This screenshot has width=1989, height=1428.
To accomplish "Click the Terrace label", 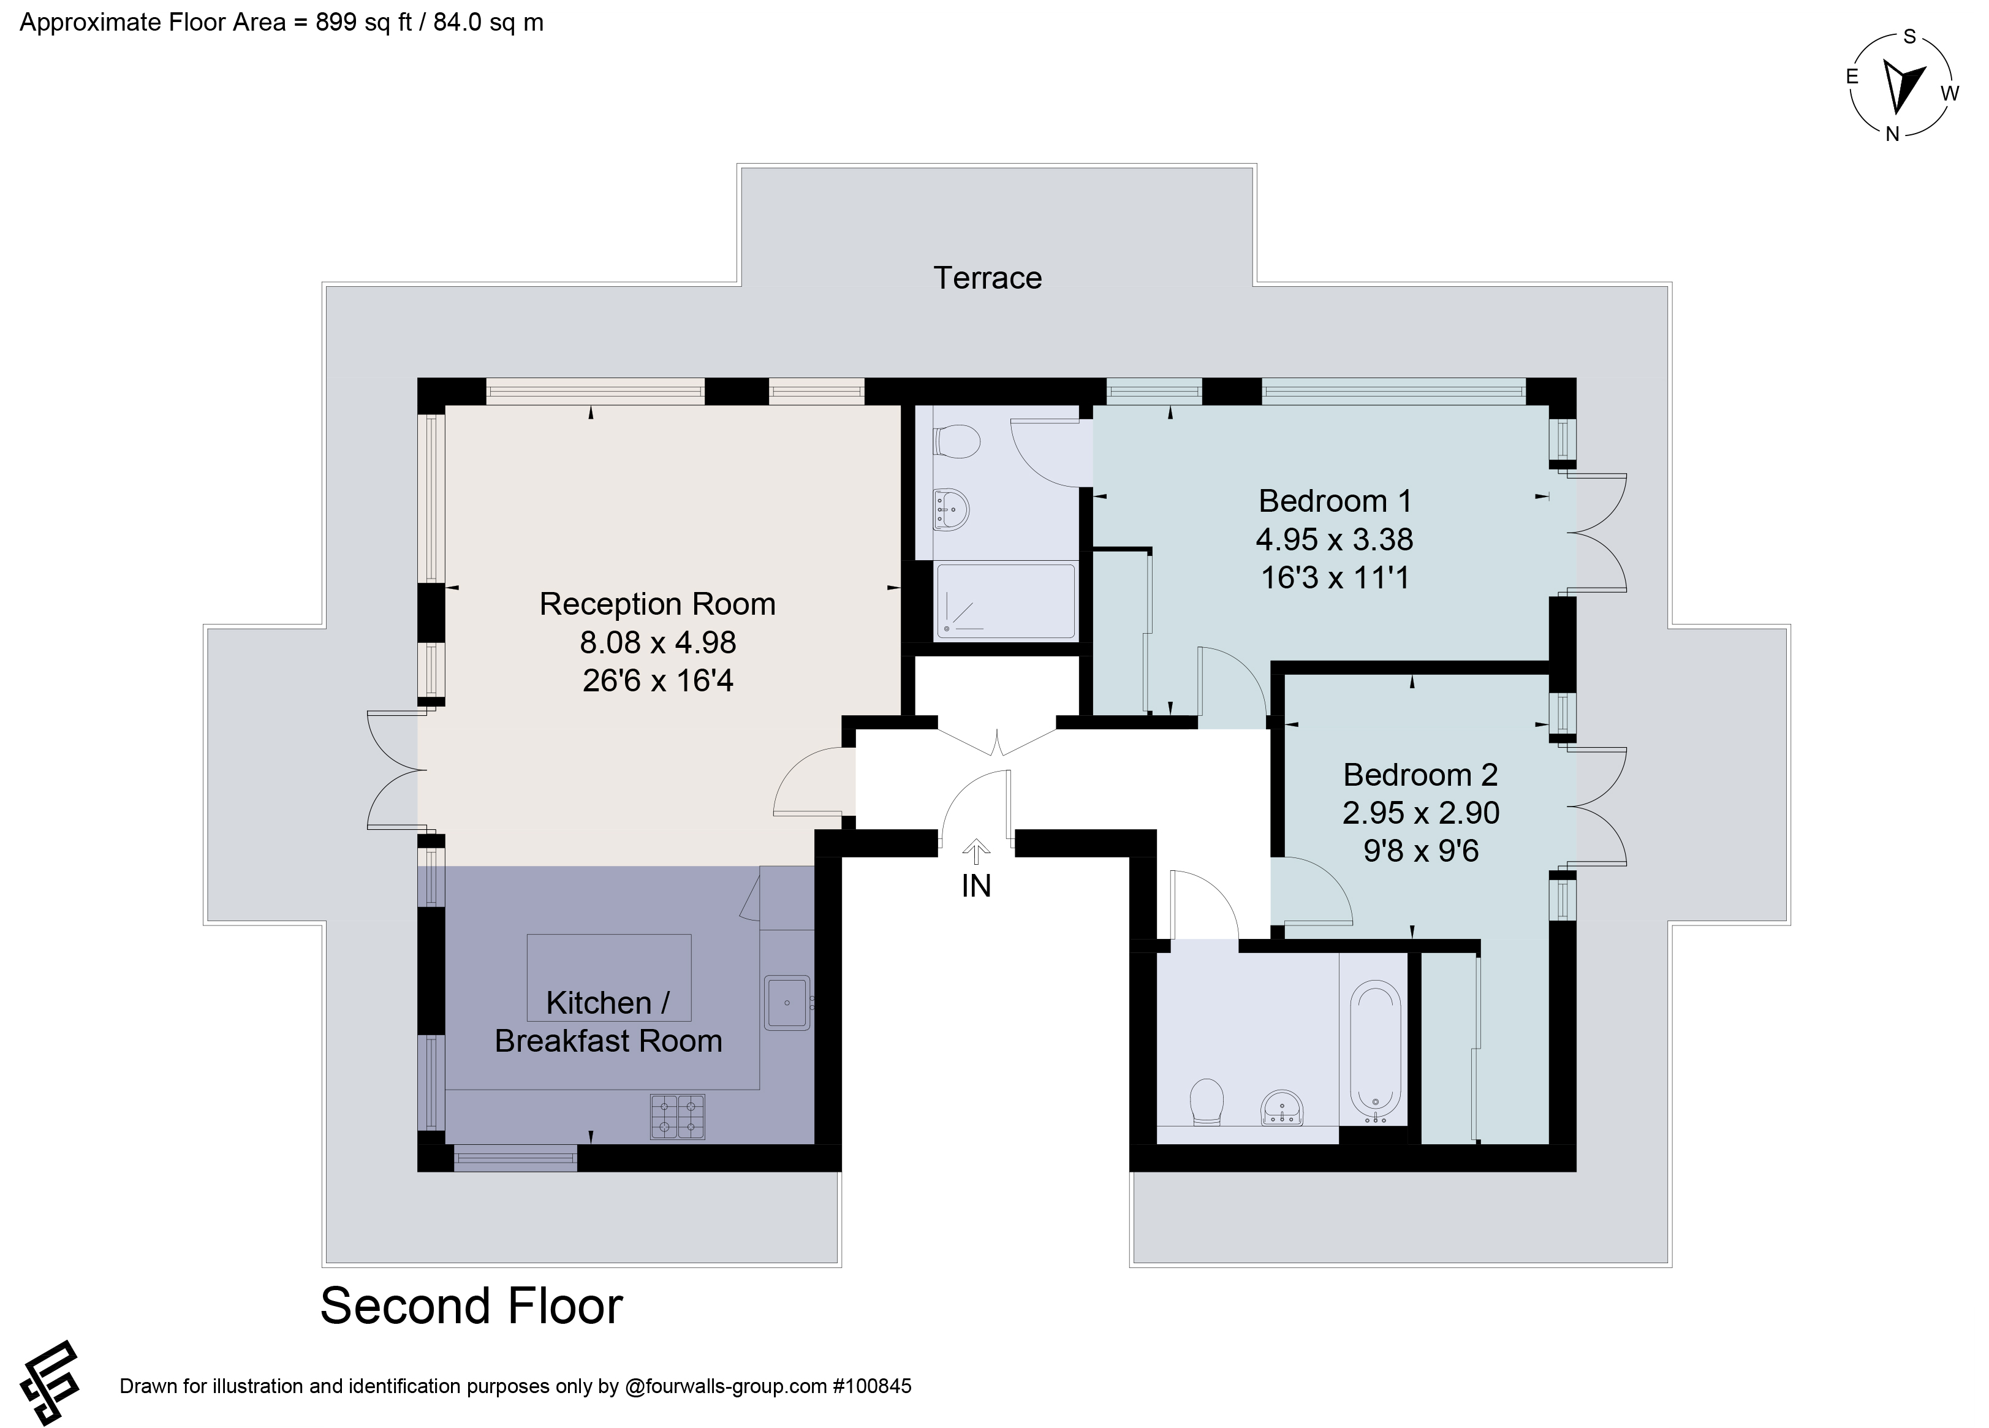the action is pyautogui.click(x=988, y=278).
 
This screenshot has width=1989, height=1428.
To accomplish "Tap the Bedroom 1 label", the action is pyautogui.click(x=1335, y=501).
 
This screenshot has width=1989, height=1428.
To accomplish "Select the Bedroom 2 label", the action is pyautogui.click(x=1421, y=775).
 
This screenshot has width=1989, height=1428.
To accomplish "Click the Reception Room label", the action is pyautogui.click(x=657, y=604).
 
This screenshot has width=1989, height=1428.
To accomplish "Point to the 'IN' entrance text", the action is pyautogui.click(x=976, y=887).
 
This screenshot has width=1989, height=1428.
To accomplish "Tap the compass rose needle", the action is pyautogui.click(x=1901, y=98).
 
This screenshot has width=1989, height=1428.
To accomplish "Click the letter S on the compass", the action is pyautogui.click(x=1909, y=37).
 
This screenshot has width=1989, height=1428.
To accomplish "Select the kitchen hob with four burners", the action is pyautogui.click(x=677, y=1117).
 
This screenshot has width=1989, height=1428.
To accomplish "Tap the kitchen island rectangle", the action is pyautogui.click(x=608, y=977).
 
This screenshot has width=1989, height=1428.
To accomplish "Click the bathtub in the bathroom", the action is pyautogui.click(x=1374, y=1052).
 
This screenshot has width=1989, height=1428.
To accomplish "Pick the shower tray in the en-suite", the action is pyautogui.click(x=1006, y=601).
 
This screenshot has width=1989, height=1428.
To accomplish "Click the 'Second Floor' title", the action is pyautogui.click(x=472, y=1306).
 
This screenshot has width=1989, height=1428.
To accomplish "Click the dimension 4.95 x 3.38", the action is pyautogui.click(x=1335, y=539).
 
